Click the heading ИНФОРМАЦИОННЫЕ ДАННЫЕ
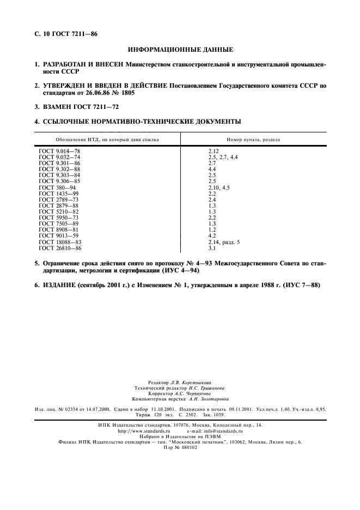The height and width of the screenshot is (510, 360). [x=180, y=50]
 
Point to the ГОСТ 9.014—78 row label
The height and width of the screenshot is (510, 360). [x=58, y=150]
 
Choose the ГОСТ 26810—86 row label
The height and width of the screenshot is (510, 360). [x=59, y=247]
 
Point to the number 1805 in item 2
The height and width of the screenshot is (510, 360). [x=126, y=93]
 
